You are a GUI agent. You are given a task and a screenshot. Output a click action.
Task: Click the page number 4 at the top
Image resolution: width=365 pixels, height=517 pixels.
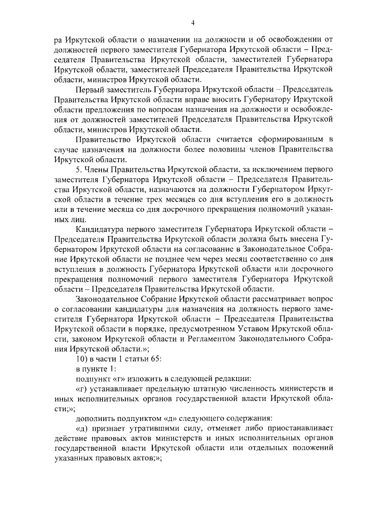tap(193, 22)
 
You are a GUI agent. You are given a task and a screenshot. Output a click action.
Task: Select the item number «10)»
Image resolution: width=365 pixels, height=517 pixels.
tap(82, 358)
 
